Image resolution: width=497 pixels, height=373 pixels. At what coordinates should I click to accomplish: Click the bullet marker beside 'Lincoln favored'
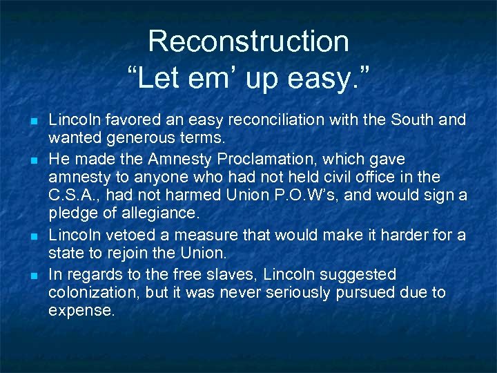tap(30, 121)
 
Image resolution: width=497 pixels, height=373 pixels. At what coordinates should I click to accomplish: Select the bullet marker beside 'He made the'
tap(30, 160)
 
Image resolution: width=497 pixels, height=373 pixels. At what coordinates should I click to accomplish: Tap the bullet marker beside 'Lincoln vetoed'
tap(30, 236)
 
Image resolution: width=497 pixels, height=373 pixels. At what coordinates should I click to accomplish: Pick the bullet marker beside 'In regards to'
tap(30, 276)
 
